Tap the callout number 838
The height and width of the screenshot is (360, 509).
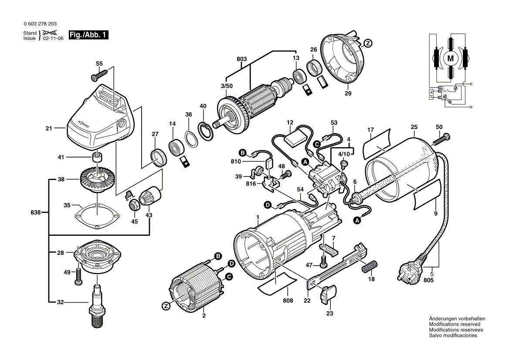36,212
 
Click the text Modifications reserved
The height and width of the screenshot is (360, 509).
455,324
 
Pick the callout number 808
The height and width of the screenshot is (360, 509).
288,300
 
